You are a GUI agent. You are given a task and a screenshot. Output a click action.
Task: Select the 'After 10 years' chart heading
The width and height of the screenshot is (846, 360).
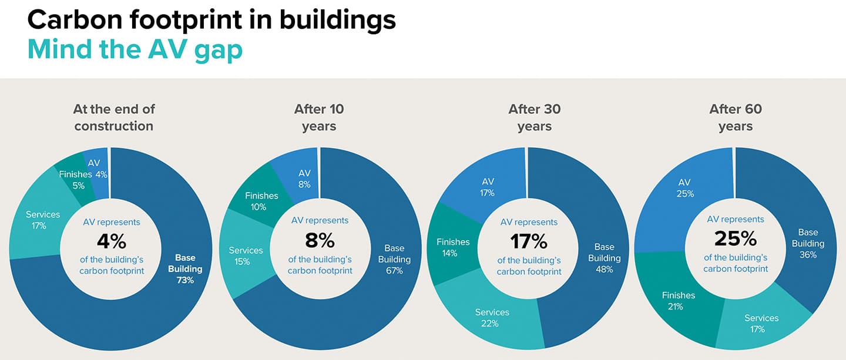pos(319,117)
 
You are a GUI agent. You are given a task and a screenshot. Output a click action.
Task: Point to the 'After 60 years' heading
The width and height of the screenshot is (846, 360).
pos(736,117)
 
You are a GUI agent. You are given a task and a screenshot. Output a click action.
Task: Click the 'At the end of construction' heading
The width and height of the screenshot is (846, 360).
pos(114,117)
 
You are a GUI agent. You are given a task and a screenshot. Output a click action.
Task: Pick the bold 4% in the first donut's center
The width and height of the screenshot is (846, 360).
pos(112,241)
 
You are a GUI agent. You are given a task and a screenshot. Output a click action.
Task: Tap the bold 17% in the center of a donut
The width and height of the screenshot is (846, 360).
pos(529,241)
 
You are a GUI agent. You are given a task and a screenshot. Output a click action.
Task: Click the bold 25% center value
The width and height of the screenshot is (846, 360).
pos(736,238)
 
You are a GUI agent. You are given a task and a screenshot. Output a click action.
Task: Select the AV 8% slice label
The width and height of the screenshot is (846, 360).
pos(304,179)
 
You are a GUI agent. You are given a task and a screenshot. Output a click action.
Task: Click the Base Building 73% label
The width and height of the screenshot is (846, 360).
pos(185,269)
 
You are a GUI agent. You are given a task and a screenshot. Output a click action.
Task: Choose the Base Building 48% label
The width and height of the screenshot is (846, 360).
pos(605,258)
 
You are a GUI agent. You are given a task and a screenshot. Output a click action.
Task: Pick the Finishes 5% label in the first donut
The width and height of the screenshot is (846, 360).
pos(76,180)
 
